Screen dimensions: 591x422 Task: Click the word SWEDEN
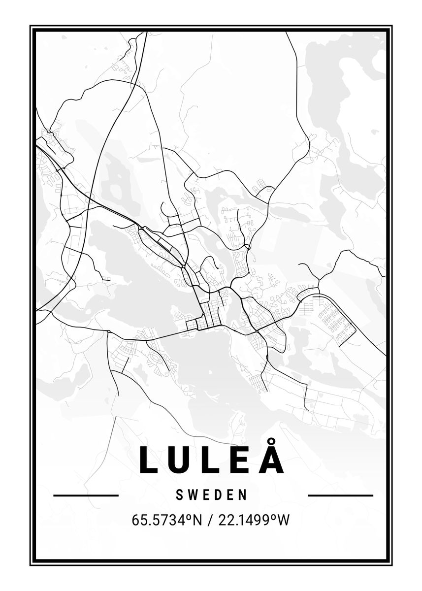211,495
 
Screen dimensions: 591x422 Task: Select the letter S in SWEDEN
179,495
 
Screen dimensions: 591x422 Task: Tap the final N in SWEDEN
243,495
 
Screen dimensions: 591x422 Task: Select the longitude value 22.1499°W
254,520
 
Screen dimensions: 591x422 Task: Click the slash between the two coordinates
210,521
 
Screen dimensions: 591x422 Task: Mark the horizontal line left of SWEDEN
86,495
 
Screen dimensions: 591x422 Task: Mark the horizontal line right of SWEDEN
340,495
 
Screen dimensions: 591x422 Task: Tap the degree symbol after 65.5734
189,517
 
